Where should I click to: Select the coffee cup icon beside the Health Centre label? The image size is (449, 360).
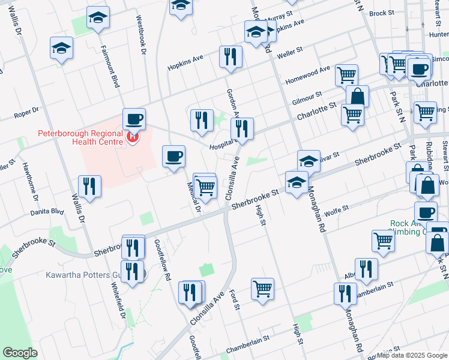[134, 119]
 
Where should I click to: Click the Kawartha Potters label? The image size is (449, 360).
[91, 275]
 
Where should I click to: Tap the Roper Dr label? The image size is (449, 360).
[26, 110]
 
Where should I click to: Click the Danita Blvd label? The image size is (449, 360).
[48, 212]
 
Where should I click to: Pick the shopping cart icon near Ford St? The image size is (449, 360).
[263, 289]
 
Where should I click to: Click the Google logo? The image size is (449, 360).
[20, 353]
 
